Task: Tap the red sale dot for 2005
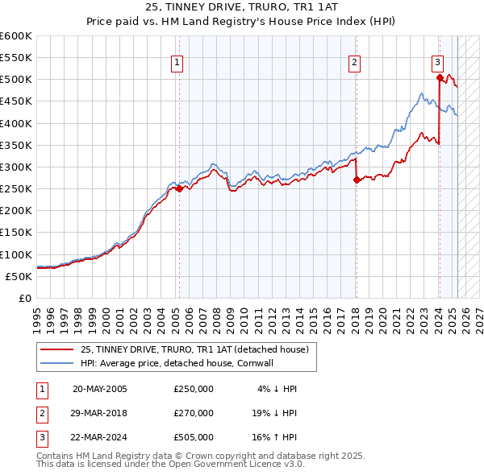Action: (x=179, y=188)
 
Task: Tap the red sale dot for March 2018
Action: (x=356, y=180)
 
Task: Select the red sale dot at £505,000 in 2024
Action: (x=440, y=78)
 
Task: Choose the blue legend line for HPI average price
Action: (x=56, y=363)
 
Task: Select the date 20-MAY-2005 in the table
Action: (x=100, y=389)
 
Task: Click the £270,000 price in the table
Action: (x=194, y=413)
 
